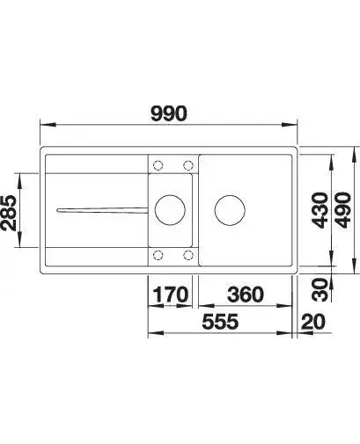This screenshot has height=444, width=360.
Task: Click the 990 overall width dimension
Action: point(168,113)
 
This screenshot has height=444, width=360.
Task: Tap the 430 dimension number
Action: point(320,210)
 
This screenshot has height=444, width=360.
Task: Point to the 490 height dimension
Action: point(343,210)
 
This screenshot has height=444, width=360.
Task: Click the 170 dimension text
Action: point(171,295)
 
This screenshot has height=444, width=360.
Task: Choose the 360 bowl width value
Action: point(246,295)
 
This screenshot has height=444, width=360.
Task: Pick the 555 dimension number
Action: point(220,321)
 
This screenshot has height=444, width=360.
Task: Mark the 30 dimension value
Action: point(320,289)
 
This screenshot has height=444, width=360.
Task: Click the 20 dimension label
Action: point(313,321)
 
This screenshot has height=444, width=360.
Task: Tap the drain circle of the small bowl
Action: point(170,194)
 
